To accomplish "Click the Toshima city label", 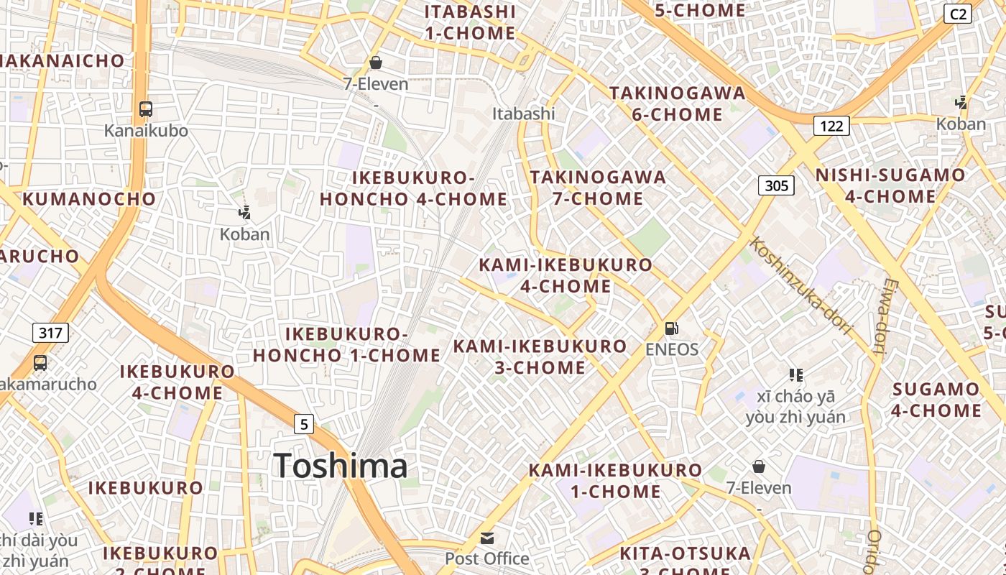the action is pyautogui.click(x=341, y=466).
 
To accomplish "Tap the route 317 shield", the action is pyautogui.click(x=50, y=332).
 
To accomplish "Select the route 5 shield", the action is pyautogui.click(x=304, y=424).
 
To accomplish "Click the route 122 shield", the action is pyautogui.click(x=831, y=126).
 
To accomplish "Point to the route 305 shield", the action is pyautogui.click(x=776, y=185).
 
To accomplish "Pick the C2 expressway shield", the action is pyautogui.click(x=958, y=14).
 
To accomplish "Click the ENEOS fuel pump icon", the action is pyautogui.click(x=671, y=328).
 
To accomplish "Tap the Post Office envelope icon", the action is pyautogui.click(x=487, y=538).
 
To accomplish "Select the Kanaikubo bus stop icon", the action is pyautogui.click(x=146, y=109).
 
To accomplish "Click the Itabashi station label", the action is pyautogui.click(x=523, y=114).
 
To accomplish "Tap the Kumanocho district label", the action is pyautogui.click(x=89, y=199).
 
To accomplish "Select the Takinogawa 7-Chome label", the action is pyautogui.click(x=598, y=188).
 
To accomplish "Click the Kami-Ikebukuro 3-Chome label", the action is pyautogui.click(x=540, y=356).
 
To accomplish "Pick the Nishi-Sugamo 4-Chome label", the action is pyautogui.click(x=890, y=185).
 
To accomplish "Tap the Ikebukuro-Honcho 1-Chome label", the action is pyautogui.click(x=346, y=344).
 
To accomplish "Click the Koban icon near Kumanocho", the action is pyautogui.click(x=244, y=212).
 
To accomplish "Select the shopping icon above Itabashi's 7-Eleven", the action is pyautogui.click(x=375, y=63).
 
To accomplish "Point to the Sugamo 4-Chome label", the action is pyautogui.click(x=936, y=400).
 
